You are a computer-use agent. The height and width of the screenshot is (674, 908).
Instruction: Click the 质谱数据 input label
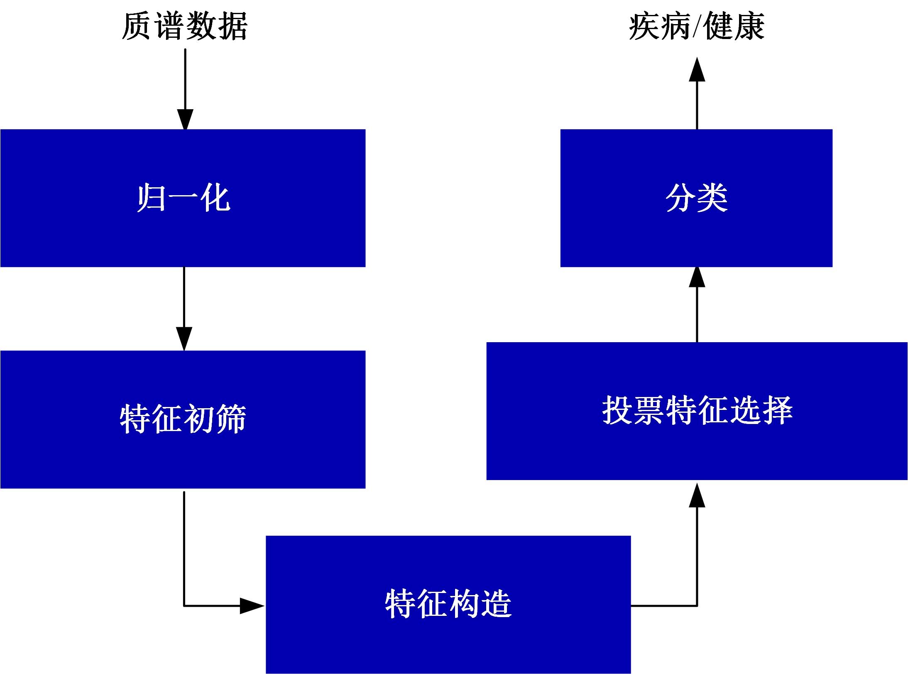click(185, 26)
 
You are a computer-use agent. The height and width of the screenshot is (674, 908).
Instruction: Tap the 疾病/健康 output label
click(696, 26)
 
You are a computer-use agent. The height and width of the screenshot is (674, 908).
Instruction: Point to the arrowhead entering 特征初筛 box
click(184, 338)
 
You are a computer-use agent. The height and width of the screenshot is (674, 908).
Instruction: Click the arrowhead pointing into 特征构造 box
click(252, 606)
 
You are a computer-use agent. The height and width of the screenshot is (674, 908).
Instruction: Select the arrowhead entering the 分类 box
click(697, 277)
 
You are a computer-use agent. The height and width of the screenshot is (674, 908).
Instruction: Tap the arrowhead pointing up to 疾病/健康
click(697, 70)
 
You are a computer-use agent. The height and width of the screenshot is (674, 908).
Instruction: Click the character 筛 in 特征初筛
click(231, 419)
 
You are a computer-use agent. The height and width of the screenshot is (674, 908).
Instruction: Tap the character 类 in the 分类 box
click(712, 198)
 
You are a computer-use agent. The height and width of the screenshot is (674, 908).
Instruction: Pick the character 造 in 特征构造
click(496, 604)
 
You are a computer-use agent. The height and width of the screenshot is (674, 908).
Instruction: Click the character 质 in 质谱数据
click(137, 26)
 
